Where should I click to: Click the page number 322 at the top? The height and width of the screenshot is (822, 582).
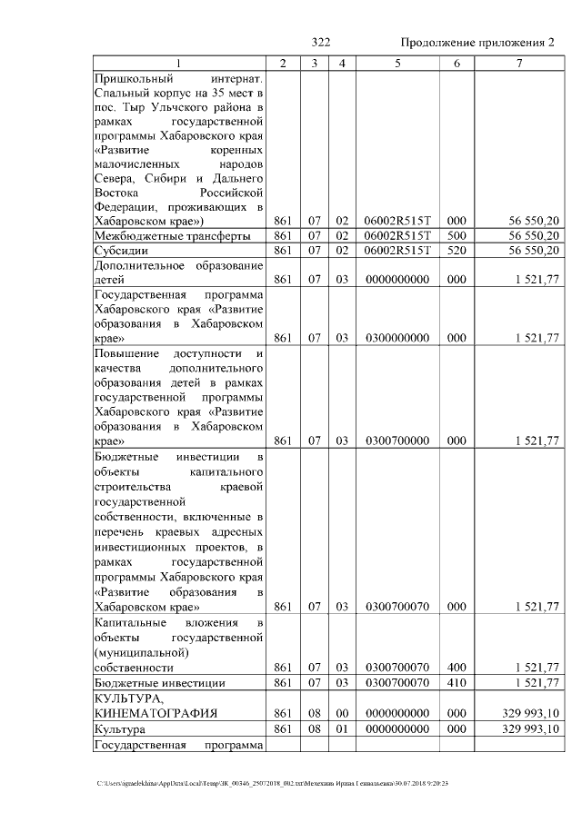320,43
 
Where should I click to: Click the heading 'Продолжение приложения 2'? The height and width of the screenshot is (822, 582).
477,43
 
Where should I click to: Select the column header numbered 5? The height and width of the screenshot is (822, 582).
397,63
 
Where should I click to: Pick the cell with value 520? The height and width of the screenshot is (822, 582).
457,250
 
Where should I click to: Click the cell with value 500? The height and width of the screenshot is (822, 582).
457,235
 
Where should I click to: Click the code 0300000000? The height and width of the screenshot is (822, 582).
397,338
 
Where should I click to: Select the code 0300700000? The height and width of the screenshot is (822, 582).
397,441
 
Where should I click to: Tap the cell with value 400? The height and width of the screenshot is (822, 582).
457,668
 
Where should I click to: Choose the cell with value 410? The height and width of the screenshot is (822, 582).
457,682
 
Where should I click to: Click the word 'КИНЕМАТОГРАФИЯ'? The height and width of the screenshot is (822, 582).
156,713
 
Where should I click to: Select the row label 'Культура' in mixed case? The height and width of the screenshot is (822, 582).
122,728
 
